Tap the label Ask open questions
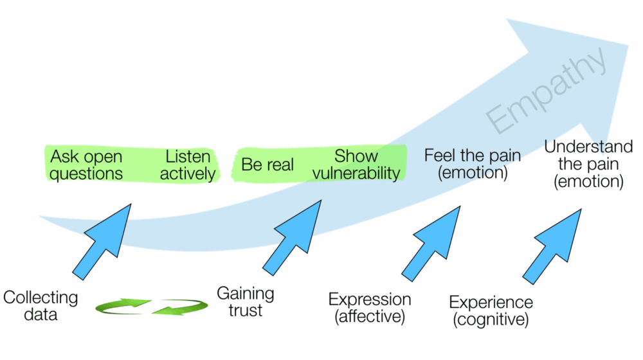point(86,165)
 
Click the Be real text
point(267,165)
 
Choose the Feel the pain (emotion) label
point(472,165)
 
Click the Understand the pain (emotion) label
point(588,165)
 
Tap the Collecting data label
point(41,306)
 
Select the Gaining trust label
point(245,302)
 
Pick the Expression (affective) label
point(370,307)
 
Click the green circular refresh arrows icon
point(152,307)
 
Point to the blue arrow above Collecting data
point(103,241)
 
